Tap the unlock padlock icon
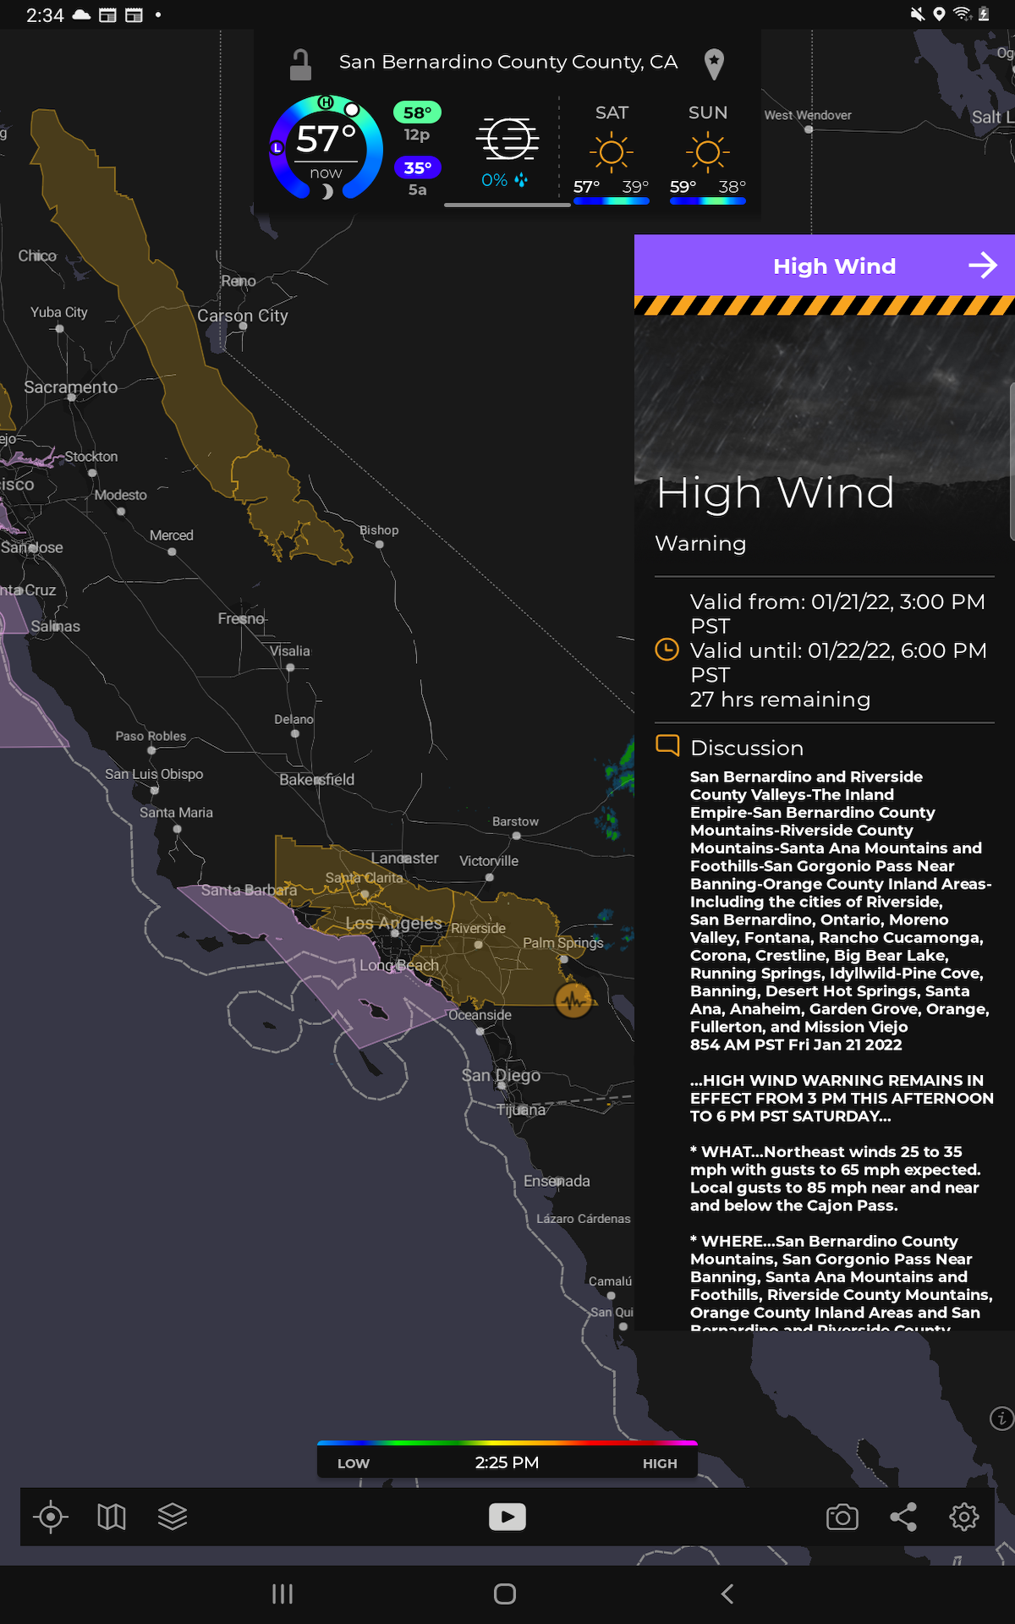(300, 64)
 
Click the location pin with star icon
(714, 63)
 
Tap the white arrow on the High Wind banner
(982, 266)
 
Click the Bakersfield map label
(316, 780)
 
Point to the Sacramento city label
(71, 387)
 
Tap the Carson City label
(243, 315)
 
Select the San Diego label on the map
(501, 1075)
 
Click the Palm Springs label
(562, 943)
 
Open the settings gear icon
(963, 1517)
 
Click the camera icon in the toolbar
(842, 1517)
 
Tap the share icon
(903, 1517)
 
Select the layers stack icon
(173, 1517)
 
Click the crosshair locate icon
(51, 1517)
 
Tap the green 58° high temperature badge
(417, 112)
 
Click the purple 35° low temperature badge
(417, 167)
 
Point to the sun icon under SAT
(612, 152)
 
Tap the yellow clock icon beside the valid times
(667, 650)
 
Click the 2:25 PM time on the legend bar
(507, 1462)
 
